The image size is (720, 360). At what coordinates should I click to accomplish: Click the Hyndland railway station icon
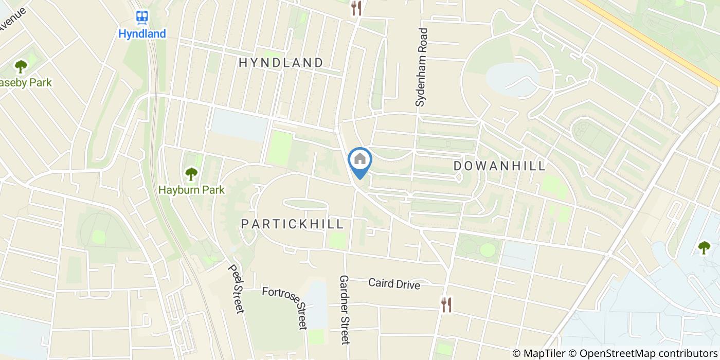tap(142, 17)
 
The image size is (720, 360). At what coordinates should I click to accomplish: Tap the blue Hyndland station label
tap(142, 34)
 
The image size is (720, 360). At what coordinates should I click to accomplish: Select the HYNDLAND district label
tap(281, 63)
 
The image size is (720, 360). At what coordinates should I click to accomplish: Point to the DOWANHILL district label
tap(499, 166)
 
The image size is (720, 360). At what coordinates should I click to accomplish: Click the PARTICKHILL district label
tap(292, 224)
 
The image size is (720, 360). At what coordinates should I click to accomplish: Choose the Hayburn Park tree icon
tap(191, 174)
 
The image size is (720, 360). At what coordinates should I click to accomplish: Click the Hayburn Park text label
tap(191, 190)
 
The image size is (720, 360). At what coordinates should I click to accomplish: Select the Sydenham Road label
tap(422, 67)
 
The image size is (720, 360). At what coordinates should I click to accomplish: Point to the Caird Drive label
tap(394, 283)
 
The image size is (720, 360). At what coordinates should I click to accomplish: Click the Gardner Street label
tap(344, 309)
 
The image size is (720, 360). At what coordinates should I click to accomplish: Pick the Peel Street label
tap(235, 289)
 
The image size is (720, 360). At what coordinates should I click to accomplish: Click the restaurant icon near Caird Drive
tap(446, 304)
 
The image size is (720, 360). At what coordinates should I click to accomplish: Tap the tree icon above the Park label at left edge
tap(21, 66)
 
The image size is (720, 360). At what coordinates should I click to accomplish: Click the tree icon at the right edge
tap(704, 247)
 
